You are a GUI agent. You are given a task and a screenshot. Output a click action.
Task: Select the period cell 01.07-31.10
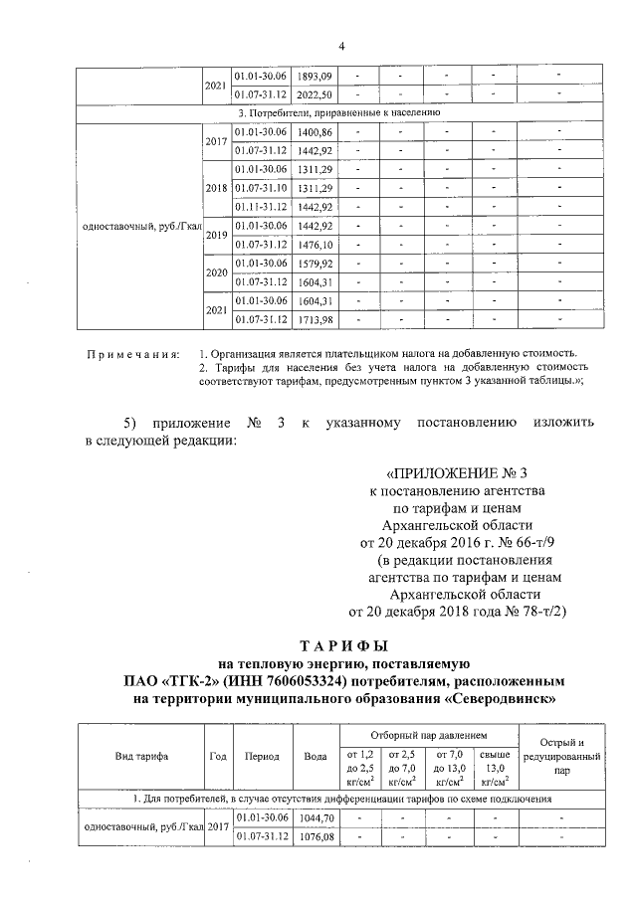pos(260,188)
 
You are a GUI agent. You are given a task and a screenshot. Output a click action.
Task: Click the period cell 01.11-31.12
pos(260,207)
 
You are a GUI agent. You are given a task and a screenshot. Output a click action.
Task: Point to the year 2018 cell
pos(216,188)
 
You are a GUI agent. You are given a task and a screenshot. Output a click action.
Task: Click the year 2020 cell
pos(216,272)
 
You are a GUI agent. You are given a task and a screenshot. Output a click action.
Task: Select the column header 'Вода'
pos(316,756)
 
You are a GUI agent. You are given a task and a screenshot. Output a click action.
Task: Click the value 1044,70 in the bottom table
pos(316,816)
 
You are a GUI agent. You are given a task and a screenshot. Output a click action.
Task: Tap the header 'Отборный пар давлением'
pos(429,734)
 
